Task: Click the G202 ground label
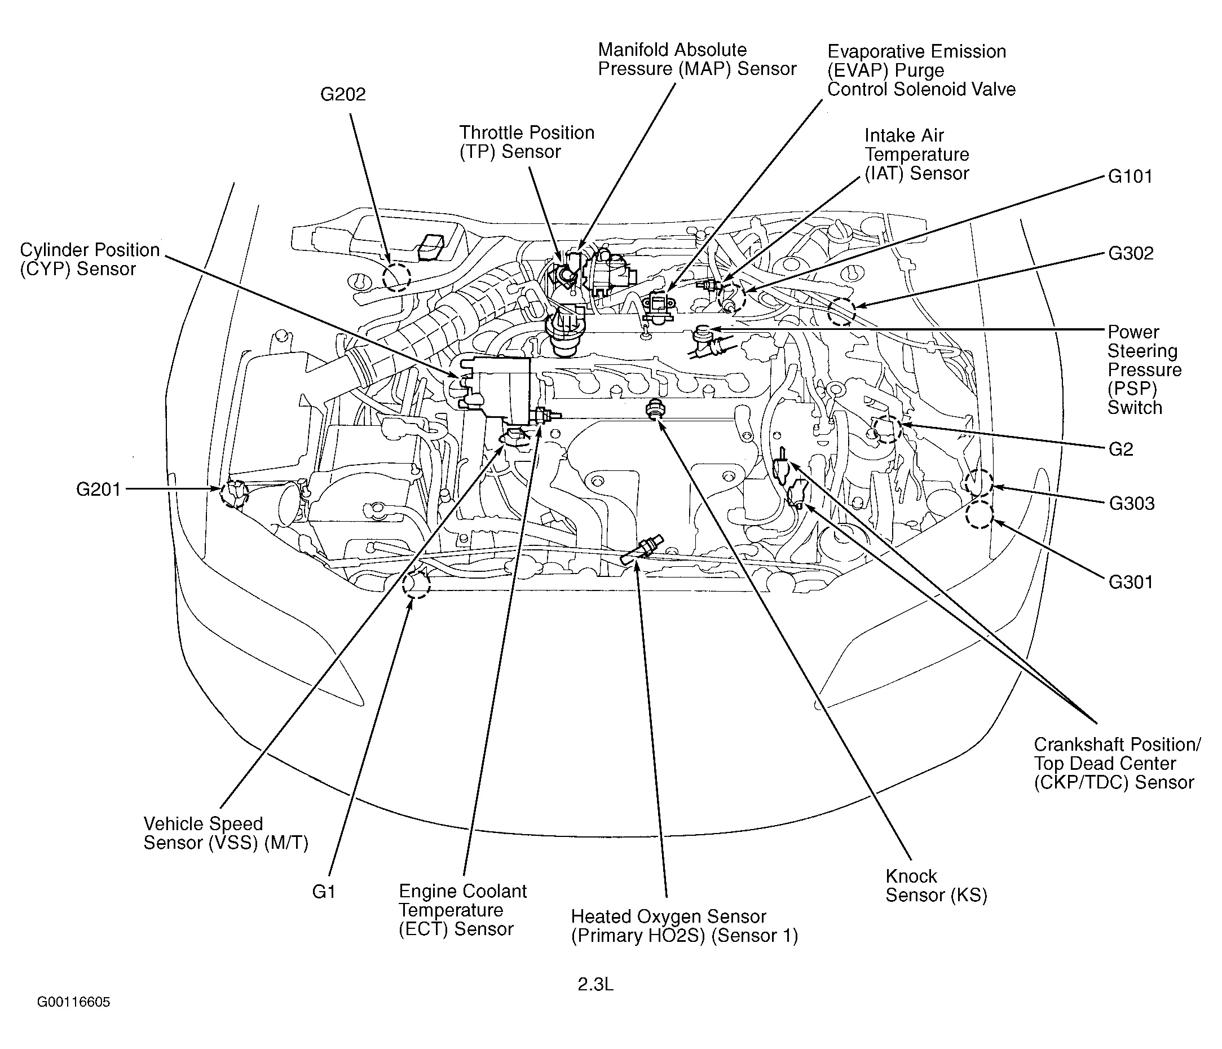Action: pyautogui.click(x=343, y=94)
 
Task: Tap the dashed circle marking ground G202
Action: pyautogui.click(x=396, y=277)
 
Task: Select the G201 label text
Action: pyautogui.click(x=98, y=489)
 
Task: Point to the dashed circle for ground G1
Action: pyautogui.click(x=416, y=584)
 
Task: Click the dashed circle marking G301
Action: pyautogui.click(x=980, y=514)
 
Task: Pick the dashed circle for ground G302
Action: pyautogui.click(x=841, y=311)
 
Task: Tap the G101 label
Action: pyautogui.click(x=1130, y=177)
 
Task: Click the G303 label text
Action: pyautogui.click(x=1131, y=503)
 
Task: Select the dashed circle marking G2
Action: pyautogui.click(x=888, y=429)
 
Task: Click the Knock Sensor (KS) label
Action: pyautogui.click(x=936, y=885)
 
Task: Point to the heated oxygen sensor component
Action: pyautogui.click(x=643, y=550)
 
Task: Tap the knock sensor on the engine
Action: pyautogui.click(x=654, y=408)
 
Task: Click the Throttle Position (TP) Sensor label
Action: pyautogui.click(x=527, y=142)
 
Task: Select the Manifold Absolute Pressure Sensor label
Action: pyautogui.click(x=696, y=60)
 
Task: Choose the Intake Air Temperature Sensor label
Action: pyautogui.click(x=916, y=155)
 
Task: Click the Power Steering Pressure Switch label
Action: pyautogui.click(x=1144, y=370)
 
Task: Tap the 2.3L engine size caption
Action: pyautogui.click(x=595, y=984)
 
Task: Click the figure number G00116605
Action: pyautogui.click(x=74, y=1002)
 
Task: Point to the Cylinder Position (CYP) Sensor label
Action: pyautogui.click(x=90, y=259)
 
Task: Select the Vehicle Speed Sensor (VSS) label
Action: pyautogui.click(x=226, y=833)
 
